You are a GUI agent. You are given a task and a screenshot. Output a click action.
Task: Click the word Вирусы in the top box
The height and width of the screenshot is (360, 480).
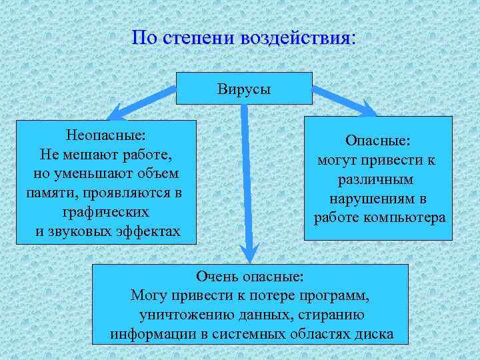244,89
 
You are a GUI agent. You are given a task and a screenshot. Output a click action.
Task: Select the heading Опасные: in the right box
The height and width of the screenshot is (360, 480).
378,141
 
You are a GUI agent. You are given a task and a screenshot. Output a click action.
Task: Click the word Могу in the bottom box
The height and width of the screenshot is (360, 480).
148,295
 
